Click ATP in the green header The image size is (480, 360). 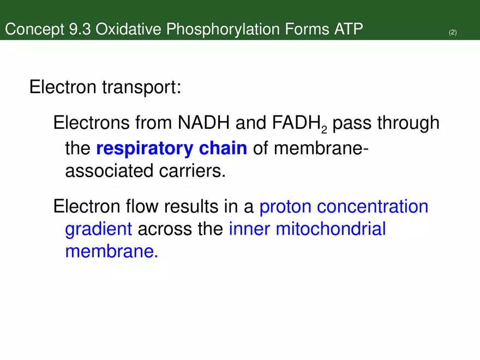tap(347, 29)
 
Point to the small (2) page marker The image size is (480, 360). tap(453, 33)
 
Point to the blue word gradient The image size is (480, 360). tap(99, 230)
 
